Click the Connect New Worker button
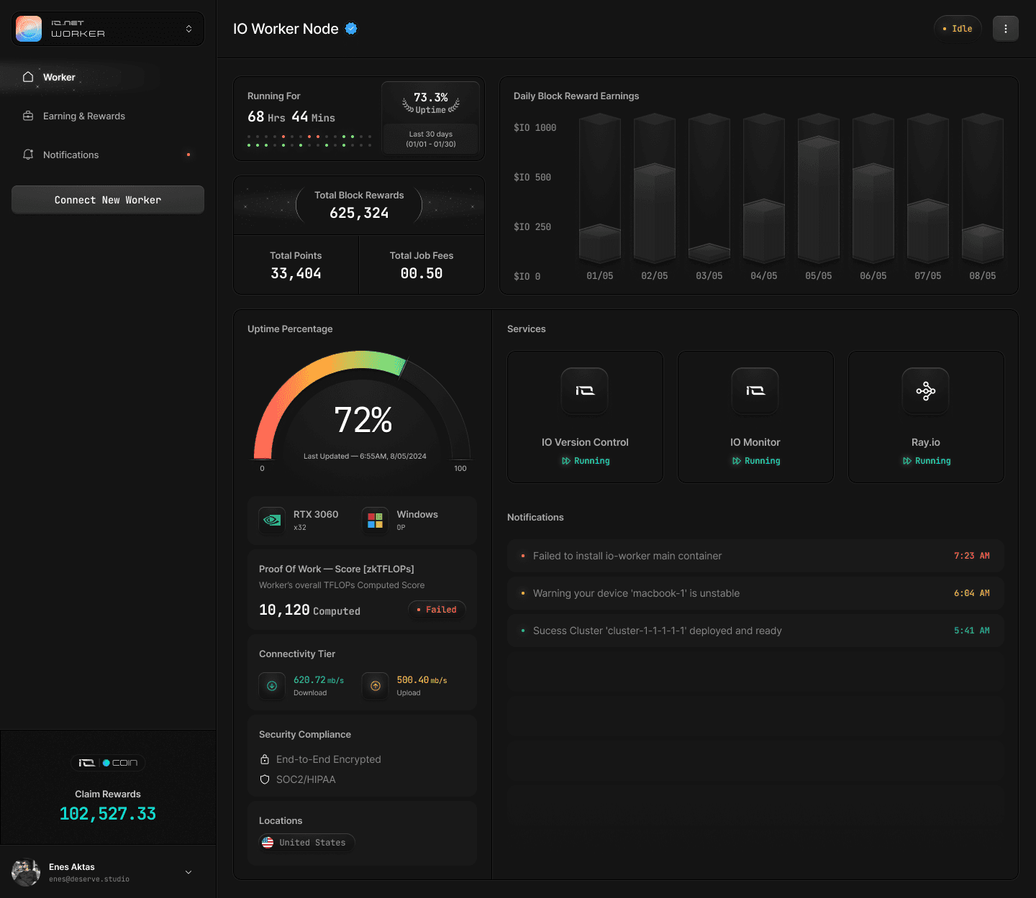(108, 200)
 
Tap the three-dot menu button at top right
(1005, 29)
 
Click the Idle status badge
(957, 29)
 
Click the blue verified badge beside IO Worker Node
(351, 29)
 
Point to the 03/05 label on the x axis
(709, 275)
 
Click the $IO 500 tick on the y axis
(532, 177)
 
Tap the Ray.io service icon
(926, 390)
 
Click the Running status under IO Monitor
(755, 461)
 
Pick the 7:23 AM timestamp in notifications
(972, 556)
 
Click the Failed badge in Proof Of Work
(437, 610)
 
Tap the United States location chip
(306, 843)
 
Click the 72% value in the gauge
(363, 420)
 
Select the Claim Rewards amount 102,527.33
(108, 813)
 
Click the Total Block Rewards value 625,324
(359, 213)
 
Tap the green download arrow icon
(272, 686)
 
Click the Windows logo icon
(376, 520)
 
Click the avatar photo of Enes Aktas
(26, 872)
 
